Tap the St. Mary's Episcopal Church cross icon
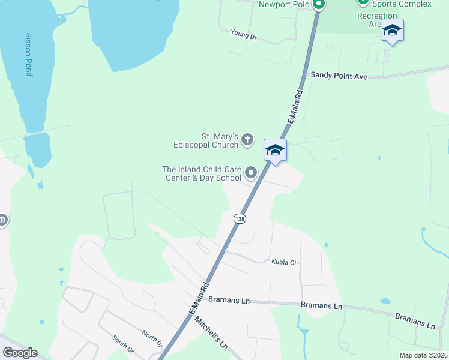point(248,141)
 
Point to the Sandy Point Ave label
point(338,76)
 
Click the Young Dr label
point(244,37)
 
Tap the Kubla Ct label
point(285,263)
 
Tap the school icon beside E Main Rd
point(275,150)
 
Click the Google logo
point(20,353)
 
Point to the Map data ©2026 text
point(423,355)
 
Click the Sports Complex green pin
point(362,2)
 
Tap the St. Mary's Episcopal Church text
point(206,140)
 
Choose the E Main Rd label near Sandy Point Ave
point(295,107)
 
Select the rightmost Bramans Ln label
point(415,320)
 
